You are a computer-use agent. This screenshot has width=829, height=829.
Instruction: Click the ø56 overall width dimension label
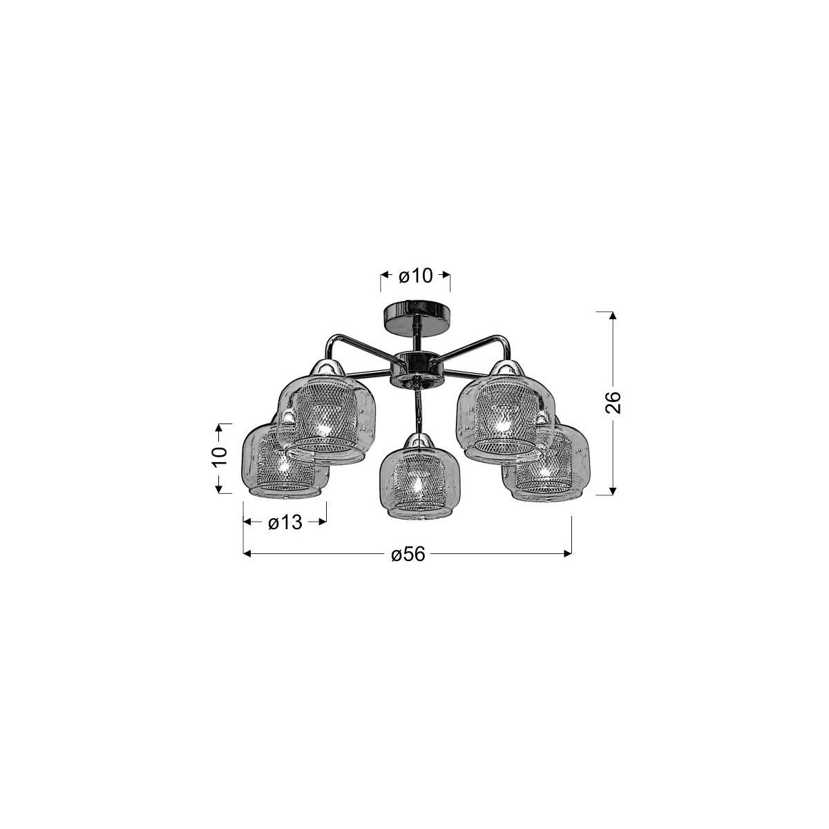click(x=408, y=554)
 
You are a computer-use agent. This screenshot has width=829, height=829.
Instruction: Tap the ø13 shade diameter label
click(x=285, y=522)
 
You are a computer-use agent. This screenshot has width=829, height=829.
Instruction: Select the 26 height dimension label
click(x=614, y=402)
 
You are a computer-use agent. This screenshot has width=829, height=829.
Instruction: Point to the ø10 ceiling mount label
click(x=415, y=276)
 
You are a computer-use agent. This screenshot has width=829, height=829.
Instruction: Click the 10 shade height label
click(x=219, y=455)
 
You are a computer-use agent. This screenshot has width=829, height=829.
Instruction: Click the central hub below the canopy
click(x=412, y=368)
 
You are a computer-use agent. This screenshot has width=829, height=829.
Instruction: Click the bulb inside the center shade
click(x=415, y=485)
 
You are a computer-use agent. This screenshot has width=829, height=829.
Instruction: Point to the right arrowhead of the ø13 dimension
click(x=322, y=522)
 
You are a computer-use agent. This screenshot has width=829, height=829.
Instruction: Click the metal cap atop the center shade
click(x=415, y=442)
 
